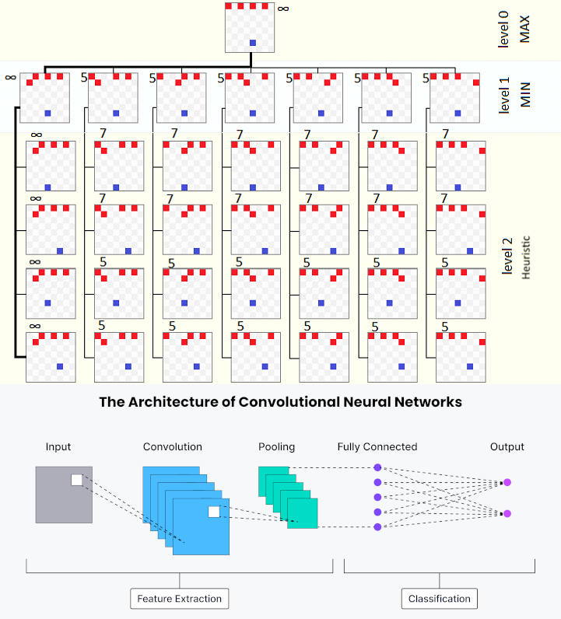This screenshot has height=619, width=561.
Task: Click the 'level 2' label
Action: [x=508, y=257]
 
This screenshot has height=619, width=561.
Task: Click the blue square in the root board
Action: [x=252, y=42]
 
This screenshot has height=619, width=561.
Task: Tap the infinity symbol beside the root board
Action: [x=283, y=9]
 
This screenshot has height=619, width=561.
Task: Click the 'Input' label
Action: [x=58, y=446]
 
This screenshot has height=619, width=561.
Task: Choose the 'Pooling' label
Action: [x=277, y=446]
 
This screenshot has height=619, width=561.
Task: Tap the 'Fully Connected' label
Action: [x=377, y=446]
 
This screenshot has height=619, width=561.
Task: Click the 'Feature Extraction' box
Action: [x=179, y=598]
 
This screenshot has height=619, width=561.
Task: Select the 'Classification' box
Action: [x=440, y=598]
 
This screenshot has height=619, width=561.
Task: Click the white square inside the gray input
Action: [x=76, y=480]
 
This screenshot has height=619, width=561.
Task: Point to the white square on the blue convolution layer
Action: [x=213, y=511]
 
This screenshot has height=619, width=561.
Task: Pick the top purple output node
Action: [x=507, y=482]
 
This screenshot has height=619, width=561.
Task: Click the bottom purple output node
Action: [x=507, y=513]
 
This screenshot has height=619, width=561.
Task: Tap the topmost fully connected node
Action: [x=377, y=467]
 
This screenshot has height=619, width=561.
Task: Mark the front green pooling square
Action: [x=302, y=513]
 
